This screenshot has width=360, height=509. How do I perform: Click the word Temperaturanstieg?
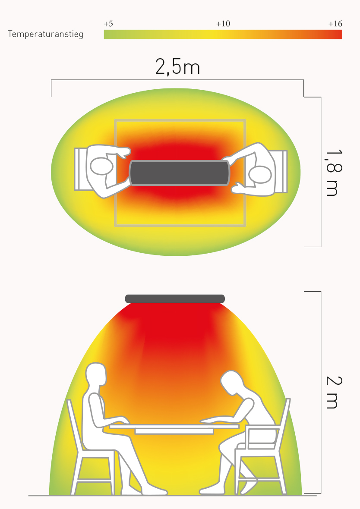point(45,34)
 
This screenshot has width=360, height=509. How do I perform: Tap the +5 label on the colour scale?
point(108,24)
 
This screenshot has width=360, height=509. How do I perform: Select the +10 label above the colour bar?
point(223,24)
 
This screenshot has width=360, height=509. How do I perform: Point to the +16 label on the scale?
point(335,24)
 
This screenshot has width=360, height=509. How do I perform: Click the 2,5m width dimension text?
point(177,67)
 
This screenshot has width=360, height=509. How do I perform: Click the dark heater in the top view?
point(179,173)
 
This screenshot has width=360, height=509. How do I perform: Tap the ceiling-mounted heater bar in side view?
point(175,298)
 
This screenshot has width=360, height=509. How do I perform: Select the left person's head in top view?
point(101,166)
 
